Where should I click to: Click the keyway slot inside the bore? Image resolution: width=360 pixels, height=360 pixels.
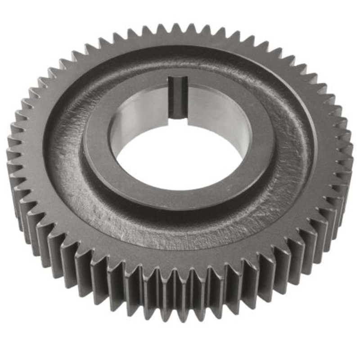(178, 97)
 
